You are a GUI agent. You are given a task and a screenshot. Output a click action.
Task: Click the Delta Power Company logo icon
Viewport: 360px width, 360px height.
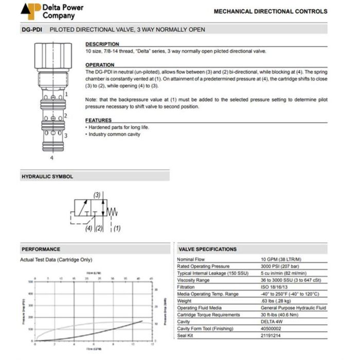(x=30, y=11)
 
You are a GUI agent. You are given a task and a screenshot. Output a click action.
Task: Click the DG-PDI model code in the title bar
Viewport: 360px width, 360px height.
(x=32, y=30)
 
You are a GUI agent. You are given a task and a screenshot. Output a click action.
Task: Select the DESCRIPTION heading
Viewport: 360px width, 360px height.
(x=102, y=44)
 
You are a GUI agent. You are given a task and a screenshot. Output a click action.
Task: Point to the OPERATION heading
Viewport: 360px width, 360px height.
(x=100, y=65)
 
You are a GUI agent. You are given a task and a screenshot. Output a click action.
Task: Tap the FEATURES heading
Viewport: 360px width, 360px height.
(x=98, y=120)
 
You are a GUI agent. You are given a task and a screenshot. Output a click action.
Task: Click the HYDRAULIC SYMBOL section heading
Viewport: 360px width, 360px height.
(x=47, y=176)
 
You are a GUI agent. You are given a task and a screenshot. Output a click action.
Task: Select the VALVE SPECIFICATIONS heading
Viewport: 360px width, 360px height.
(x=208, y=249)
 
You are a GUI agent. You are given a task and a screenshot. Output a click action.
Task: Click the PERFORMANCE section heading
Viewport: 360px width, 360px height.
(x=41, y=249)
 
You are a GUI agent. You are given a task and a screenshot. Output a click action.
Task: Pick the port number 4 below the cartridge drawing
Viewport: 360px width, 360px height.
(x=51, y=157)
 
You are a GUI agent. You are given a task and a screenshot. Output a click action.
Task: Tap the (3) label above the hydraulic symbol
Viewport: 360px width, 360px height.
(x=97, y=195)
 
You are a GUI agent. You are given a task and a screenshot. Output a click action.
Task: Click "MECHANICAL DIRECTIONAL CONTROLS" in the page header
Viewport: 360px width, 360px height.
(x=270, y=11)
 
